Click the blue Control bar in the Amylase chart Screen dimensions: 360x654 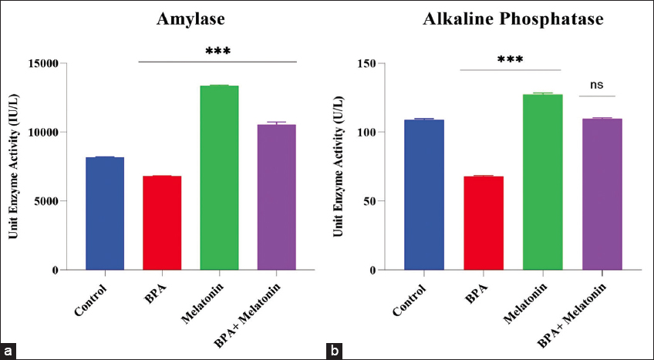(x=105, y=214)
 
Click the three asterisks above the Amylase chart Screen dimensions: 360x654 (x=218, y=52)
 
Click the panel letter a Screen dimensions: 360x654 (x=9, y=351)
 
